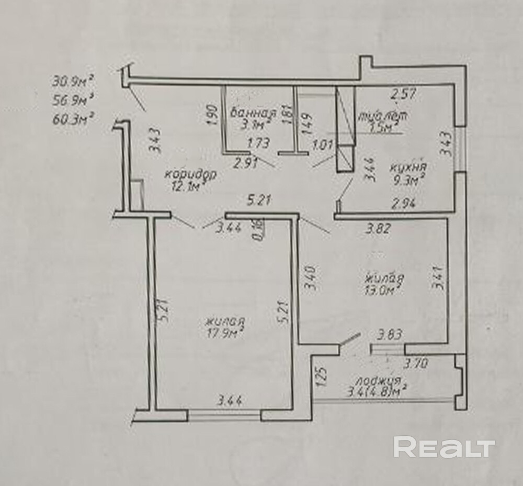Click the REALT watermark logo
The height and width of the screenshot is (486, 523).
point(444,448)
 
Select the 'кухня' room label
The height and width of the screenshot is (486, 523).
point(408,168)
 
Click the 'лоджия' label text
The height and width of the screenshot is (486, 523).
point(376,380)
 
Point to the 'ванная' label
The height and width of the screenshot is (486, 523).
point(253,112)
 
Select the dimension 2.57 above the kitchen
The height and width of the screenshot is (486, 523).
point(403,95)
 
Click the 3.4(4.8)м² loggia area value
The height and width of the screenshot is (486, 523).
point(377,391)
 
